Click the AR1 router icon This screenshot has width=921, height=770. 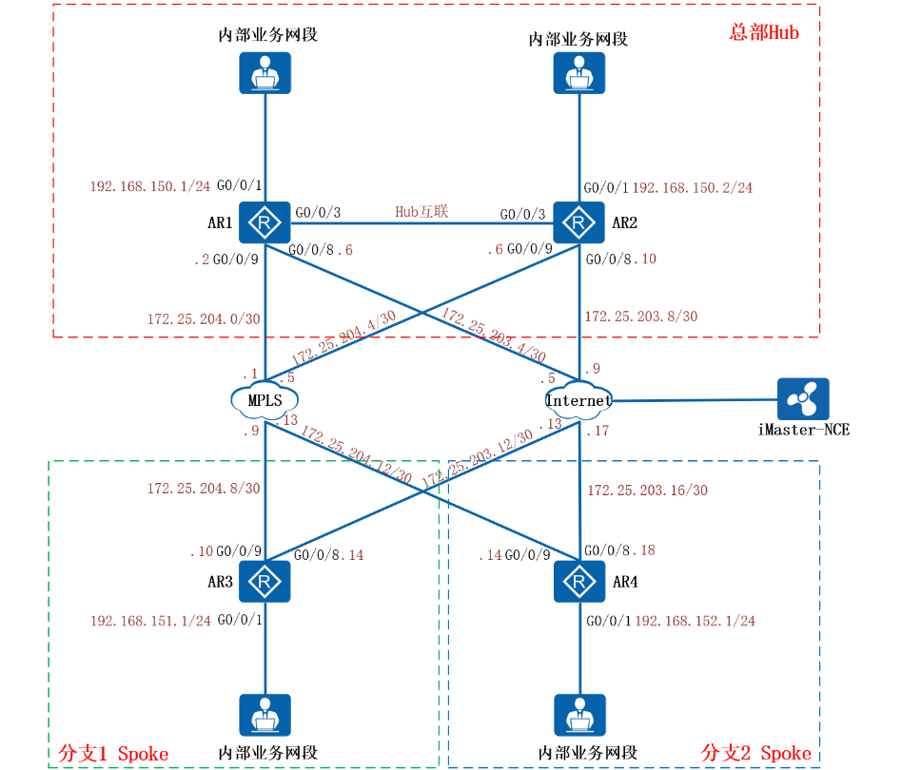265,224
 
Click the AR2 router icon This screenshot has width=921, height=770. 578,224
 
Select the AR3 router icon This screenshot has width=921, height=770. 265,580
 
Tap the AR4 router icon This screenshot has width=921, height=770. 578,580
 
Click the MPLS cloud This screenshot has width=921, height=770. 265,400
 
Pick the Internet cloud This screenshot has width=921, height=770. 578,400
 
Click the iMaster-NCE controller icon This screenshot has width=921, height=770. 803,400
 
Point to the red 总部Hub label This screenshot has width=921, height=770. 764,32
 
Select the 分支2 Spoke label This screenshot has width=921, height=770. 756,753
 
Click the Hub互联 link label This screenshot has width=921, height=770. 421,211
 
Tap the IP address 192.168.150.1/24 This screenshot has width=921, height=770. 150,186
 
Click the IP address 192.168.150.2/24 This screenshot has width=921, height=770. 693,188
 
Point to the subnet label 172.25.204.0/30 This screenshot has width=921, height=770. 204,319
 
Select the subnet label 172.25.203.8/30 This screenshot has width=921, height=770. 640,317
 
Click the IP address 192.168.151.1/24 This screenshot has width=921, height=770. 150,621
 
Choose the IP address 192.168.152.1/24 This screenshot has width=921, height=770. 696,621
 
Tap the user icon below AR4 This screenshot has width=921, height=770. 578,716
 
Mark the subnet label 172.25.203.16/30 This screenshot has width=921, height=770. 647,491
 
